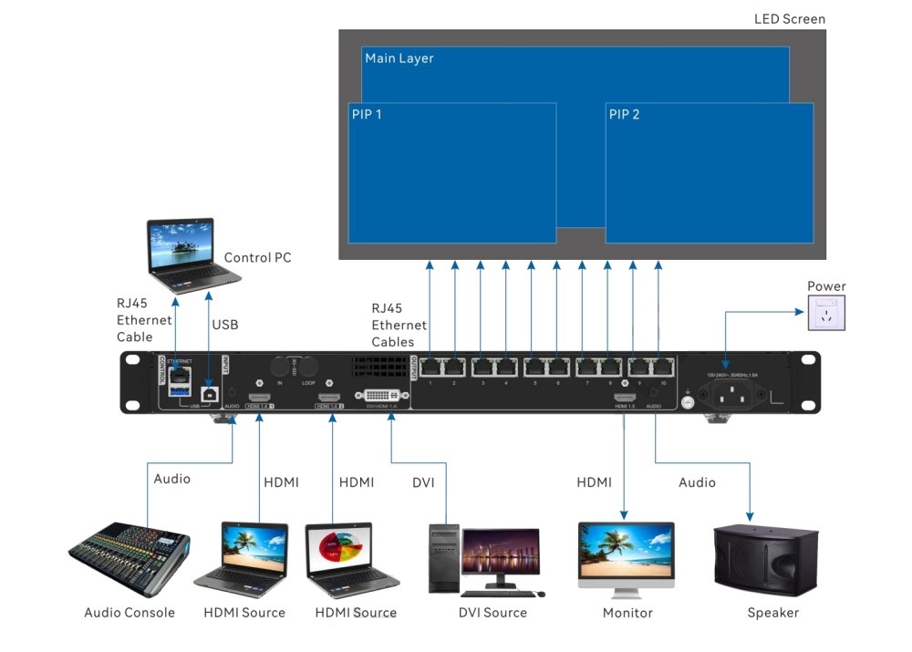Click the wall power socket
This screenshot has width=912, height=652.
(x=826, y=313)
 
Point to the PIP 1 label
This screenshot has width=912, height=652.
(x=367, y=116)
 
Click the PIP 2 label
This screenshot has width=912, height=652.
(x=624, y=115)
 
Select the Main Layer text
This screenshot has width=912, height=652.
(x=399, y=58)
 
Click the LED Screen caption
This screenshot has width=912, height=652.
(x=789, y=19)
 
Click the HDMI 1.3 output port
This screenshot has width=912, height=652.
(x=624, y=398)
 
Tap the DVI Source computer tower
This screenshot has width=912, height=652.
(x=444, y=557)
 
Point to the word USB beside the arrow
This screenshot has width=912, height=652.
(x=225, y=325)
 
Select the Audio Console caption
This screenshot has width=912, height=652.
(x=129, y=613)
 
